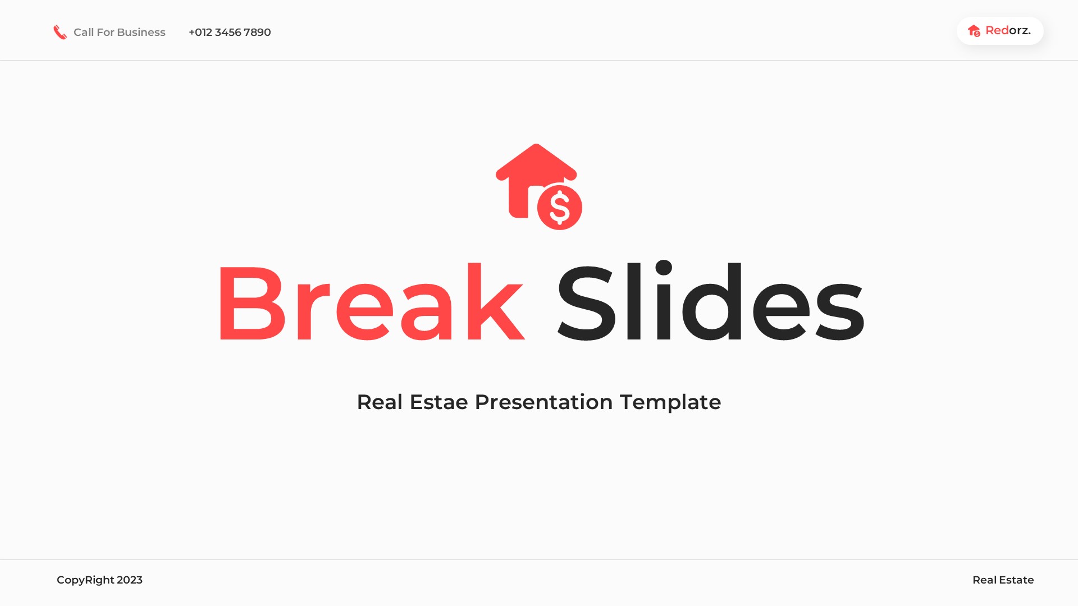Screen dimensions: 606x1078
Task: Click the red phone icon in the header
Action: tap(60, 33)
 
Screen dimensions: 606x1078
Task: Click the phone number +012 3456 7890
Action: tap(230, 33)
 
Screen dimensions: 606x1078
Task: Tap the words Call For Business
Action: tap(119, 33)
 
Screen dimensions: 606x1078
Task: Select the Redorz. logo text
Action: tap(1008, 30)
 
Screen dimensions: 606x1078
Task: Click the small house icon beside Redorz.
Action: tap(974, 31)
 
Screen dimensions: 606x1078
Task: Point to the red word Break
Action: tap(371, 303)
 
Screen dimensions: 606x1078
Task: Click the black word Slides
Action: tap(710, 303)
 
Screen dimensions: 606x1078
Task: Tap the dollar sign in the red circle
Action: tap(559, 208)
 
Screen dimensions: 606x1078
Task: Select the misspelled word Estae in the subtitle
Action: tap(438, 402)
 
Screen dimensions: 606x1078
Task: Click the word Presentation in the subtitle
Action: tap(543, 402)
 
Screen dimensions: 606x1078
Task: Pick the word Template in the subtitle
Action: tap(670, 402)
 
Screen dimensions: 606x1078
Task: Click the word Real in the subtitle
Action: tap(380, 402)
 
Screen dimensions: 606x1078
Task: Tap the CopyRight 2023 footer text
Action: tap(99, 580)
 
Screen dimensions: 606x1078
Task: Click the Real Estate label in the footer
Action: tap(1003, 580)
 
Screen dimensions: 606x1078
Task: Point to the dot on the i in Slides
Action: tap(664, 268)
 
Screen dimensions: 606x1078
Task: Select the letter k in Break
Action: tap(495, 303)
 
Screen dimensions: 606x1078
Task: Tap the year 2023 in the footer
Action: tap(130, 580)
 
